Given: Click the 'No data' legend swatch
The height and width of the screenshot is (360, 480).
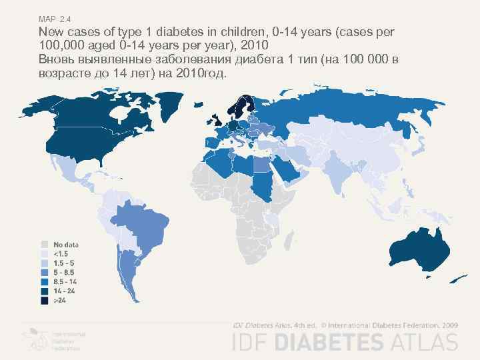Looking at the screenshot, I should pyautogui.click(x=45, y=245).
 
